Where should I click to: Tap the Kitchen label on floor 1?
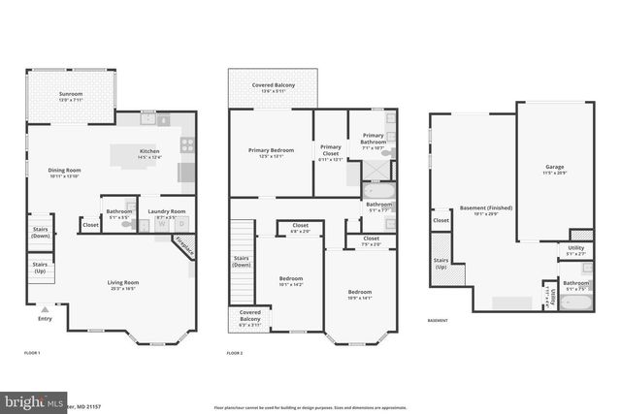click(x=148, y=152)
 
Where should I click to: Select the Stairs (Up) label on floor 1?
click(x=40, y=267)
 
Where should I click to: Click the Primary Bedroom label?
click(x=271, y=151)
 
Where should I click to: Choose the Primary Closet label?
click(x=331, y=151)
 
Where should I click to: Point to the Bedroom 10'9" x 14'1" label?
click(x=359, y=293)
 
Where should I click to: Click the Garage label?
click(x=554, y=168)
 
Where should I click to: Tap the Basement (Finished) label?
click(x=485, y=208)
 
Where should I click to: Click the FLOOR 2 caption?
click(x=234, y=353)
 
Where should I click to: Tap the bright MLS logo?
click(x=29, y=401)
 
